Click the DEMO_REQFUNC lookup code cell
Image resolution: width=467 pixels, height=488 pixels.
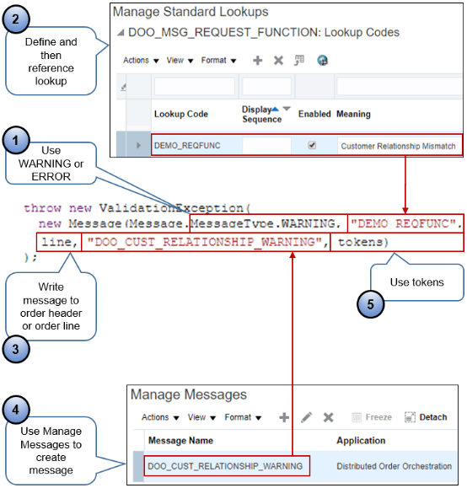point(186,146)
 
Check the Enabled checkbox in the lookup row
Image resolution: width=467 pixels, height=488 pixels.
point(312,146)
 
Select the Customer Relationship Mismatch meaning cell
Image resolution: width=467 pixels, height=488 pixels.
point(398,146)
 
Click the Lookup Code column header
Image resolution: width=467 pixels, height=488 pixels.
point(181,114)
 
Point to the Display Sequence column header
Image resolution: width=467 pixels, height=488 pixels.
point(261,114)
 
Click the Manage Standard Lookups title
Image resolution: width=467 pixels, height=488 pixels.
point(191,13)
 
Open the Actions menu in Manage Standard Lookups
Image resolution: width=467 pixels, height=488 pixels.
point(140,61)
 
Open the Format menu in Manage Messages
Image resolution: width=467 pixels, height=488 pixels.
point(243,417)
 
